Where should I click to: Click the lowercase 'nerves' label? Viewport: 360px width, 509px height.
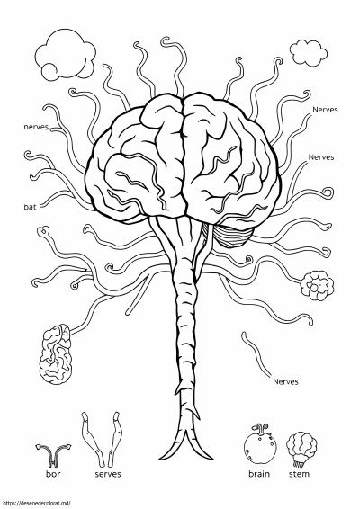pos(36,127)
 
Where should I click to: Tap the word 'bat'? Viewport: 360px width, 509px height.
pos(30,207)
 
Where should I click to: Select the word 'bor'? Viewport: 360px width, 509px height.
pos(53,474)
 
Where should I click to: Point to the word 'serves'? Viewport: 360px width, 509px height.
pos(108,474)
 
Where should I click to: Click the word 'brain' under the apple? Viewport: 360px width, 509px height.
pos(259,474)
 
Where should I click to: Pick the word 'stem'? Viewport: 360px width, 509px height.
pos(299,474)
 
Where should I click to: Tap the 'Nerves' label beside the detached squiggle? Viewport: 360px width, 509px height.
pos(285,381)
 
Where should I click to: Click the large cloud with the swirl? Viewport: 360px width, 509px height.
pos(66,54)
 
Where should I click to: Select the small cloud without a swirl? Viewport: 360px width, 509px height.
pos(309,53)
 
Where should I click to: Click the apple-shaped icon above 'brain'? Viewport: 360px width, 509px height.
pos(260,444)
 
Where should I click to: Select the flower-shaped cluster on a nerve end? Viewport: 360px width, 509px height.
pos(317,286)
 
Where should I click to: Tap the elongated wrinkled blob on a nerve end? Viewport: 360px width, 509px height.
pos(56,354)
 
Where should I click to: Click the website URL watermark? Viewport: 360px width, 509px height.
pos(35,504)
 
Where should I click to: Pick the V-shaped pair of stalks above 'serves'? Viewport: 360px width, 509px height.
pos(102,439)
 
